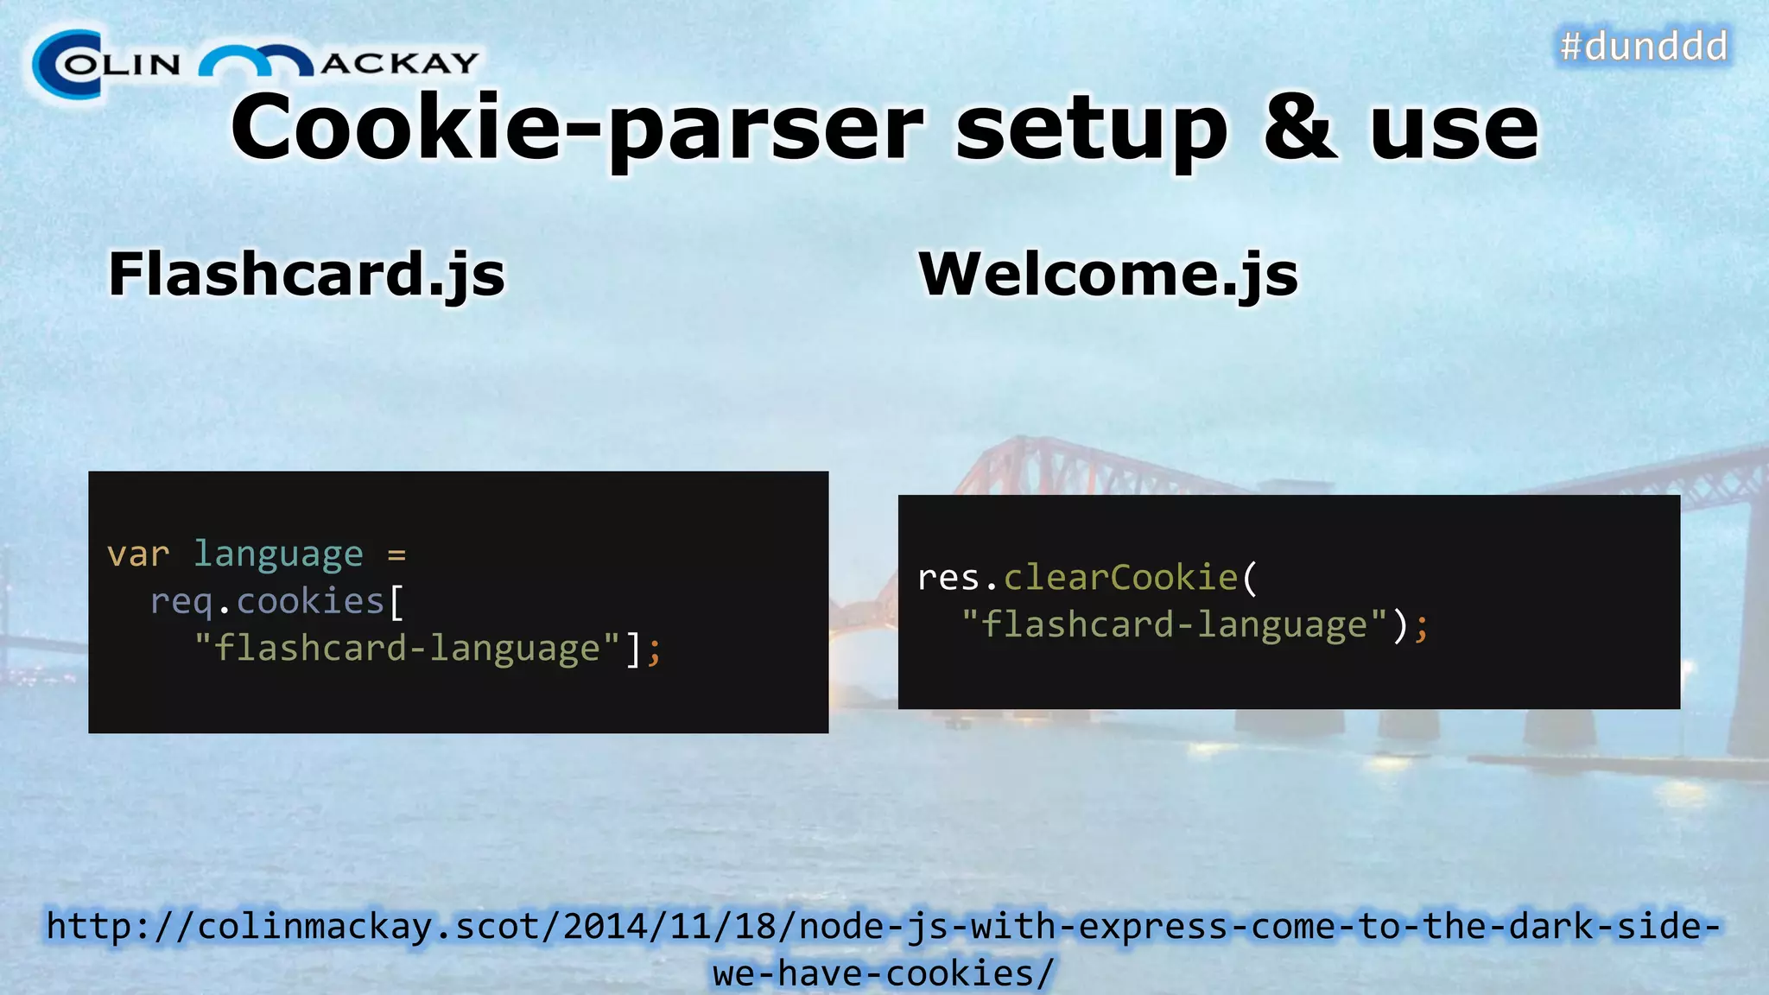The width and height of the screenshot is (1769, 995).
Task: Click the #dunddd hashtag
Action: point(1644,46)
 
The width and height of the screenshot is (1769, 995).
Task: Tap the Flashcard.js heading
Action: point(307,275)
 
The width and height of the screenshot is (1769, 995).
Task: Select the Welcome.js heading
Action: point(1108,275)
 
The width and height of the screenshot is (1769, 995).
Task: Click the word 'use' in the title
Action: point(1455,130)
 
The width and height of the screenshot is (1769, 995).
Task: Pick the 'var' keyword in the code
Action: point(138,555)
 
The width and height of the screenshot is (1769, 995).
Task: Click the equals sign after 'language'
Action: point(396,555)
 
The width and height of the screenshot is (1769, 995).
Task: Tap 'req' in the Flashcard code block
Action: point(181,602)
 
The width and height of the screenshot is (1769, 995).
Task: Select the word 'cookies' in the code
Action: point(310,601)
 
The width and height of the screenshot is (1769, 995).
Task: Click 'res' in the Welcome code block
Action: point(948,578)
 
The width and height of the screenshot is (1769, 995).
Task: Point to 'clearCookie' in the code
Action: point(1120,578)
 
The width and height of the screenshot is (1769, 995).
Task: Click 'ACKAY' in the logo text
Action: point(400,63)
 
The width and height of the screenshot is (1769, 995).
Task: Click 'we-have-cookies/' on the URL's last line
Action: point(884,973)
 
